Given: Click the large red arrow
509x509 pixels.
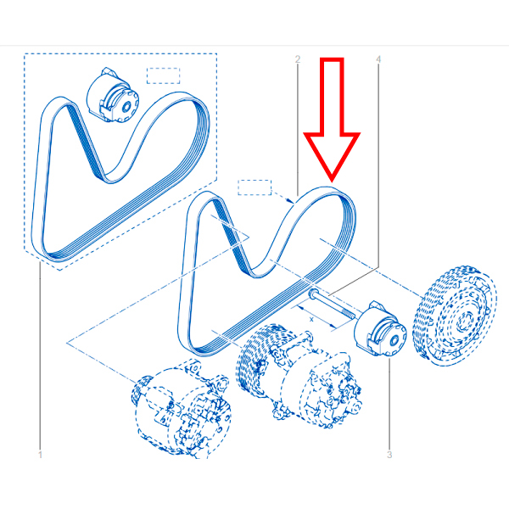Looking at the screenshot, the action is (332, 120).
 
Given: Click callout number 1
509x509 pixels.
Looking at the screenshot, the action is (40, 455).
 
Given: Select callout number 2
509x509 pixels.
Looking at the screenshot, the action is (298, 59).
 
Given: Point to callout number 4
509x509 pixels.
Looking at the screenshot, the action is (378, 59).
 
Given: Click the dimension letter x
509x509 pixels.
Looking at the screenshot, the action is (311, 320).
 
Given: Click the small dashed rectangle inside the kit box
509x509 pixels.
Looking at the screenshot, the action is (163, 76).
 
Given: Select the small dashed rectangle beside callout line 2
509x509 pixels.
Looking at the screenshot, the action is (255, 187).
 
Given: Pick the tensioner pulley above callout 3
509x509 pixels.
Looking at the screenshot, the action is (380, 329).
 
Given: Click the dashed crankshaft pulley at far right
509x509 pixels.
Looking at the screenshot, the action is (455, 315).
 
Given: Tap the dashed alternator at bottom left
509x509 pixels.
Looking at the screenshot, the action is (182, 410).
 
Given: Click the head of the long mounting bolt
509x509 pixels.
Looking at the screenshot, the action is (311, 294).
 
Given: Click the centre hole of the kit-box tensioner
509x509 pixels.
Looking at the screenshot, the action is (127, 106).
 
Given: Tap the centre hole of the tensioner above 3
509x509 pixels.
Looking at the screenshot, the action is (394, 340).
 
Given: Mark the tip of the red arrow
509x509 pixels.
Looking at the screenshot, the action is (332, 182).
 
